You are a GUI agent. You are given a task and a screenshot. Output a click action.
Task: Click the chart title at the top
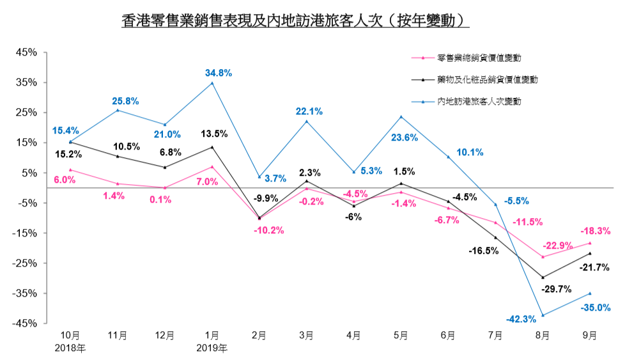point(295,20)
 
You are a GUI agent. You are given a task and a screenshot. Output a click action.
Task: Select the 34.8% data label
point(219,72)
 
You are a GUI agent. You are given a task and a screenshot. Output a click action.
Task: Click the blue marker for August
point(543,315)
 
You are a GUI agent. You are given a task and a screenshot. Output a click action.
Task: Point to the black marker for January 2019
point(212,147)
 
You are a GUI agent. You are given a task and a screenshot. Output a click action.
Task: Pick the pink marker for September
point(590,243)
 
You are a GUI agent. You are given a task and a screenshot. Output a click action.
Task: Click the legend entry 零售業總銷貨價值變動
point(479,58)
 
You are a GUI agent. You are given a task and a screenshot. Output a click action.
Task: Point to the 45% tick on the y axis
point(29,52)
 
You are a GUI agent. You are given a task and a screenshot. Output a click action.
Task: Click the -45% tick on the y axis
point(27,324)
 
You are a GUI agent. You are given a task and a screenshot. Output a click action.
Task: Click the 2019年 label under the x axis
point(212,348)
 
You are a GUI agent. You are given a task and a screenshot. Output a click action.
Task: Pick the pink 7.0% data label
point(206,182)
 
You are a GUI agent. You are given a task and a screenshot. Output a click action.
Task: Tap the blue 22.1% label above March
point(309,111)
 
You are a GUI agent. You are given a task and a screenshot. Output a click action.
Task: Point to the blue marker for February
point(259,176)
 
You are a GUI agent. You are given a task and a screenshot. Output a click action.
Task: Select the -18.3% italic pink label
point(595,231)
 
